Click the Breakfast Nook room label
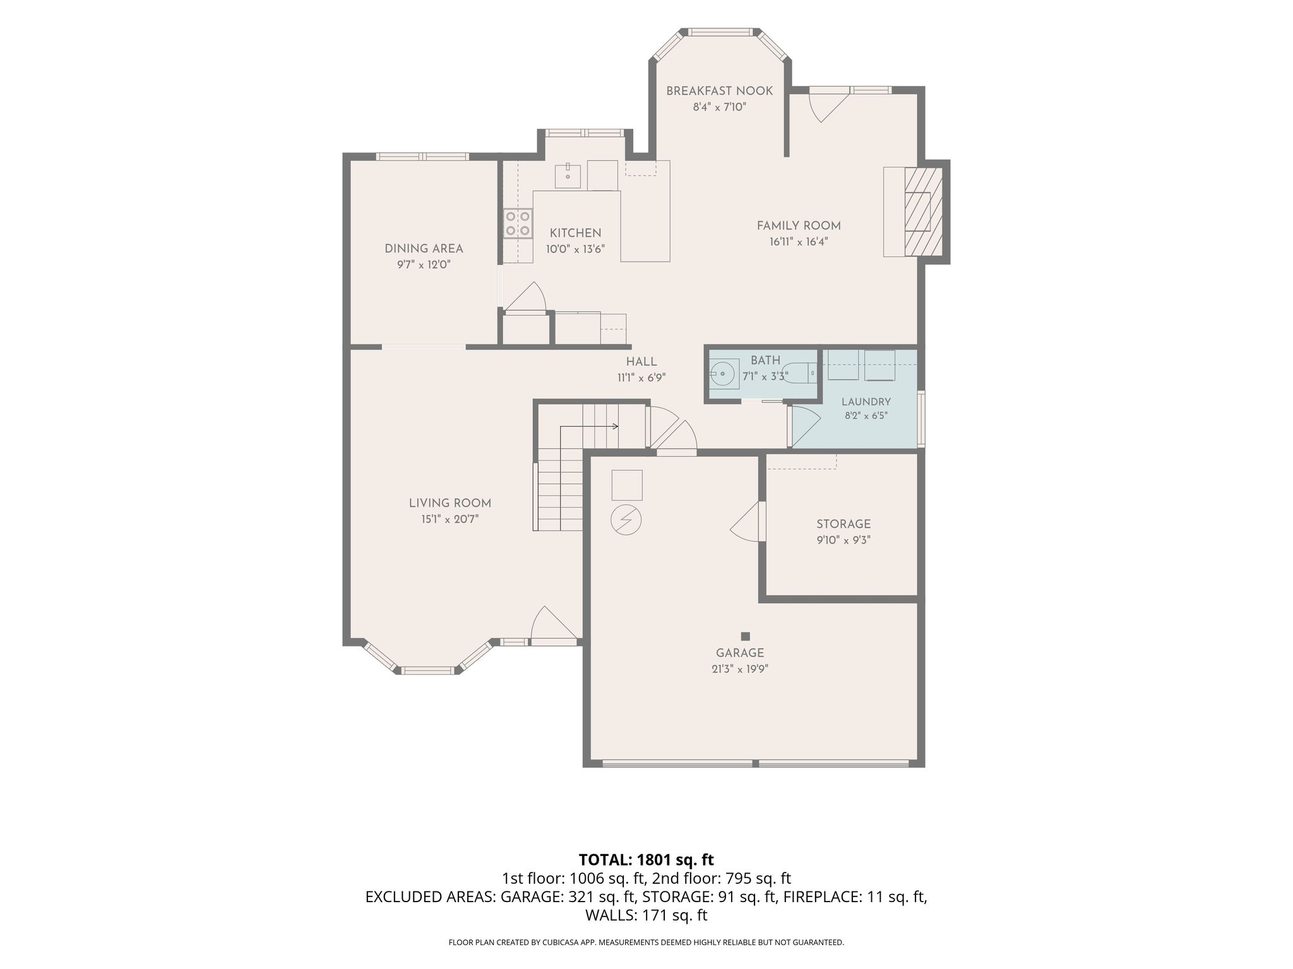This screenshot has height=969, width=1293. (x=719, y=91)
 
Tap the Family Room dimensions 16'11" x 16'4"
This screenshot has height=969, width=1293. (x=799, y=242)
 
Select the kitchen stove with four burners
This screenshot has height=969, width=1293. (x=517, y=224)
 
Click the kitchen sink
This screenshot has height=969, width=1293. (x=568, y=176)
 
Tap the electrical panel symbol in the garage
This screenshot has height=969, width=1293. (x=626, y=520)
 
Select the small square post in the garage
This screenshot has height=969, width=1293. (x=746, y=636)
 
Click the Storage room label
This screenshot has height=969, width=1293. (x=843, y=524)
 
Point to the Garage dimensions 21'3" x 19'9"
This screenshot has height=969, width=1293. (x=740, y=669)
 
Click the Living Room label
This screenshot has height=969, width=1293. (x=450, y=503)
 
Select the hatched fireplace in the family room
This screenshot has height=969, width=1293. (x=924, y=211)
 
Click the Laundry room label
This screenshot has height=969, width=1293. (x=866, y=402)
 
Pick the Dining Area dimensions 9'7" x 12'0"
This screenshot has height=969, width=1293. (x=424, y=265)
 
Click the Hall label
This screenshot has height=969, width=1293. (x=641, y=361)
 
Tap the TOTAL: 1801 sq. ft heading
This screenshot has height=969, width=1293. (x=646, y=859)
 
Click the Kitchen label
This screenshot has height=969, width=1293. (x=575, y=233)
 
